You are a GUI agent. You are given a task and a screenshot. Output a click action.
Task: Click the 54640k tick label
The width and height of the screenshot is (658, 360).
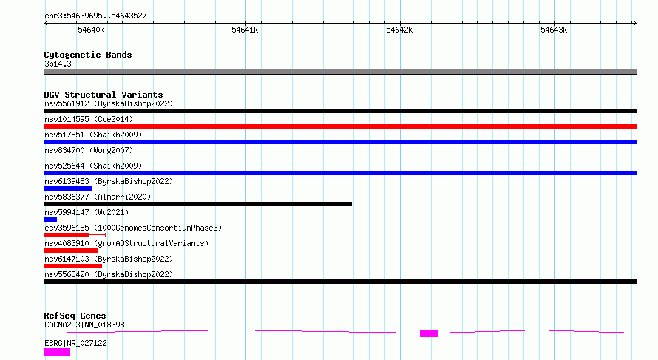[x=91, y=30]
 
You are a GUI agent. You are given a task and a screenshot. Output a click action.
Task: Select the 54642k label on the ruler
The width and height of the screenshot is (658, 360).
[x=399, y=30]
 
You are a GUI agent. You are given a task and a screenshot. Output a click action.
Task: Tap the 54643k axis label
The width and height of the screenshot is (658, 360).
[x=554, y=30]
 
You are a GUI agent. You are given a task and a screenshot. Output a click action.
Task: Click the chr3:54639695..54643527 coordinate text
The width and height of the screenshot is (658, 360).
[x=95, y=16]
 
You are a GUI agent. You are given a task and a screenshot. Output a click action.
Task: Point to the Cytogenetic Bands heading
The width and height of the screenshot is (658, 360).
[x=88, y=55]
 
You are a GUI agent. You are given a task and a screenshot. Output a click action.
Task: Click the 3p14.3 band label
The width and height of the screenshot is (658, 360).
[x=58, y=64]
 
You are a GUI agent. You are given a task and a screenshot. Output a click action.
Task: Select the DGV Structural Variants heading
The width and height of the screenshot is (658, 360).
[x=104, y=95]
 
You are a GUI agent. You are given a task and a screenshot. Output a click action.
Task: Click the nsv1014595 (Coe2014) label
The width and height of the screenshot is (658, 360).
[x=89, y=119]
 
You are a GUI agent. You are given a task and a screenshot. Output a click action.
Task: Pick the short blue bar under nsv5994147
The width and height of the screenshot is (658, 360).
[x=50, y=220]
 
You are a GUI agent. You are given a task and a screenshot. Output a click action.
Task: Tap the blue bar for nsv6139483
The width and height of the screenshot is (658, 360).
[x=68, y=189]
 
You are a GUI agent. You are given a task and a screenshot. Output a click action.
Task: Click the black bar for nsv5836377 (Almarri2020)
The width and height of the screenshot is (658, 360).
[x=197, y=204]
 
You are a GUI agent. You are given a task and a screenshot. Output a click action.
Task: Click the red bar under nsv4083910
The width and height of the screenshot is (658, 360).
[x=70, y=251]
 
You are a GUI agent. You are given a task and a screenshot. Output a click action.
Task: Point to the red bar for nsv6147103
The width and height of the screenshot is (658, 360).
[x=72, y=266]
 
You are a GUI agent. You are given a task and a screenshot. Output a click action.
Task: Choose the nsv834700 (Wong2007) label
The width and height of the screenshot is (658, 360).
[x=89, y=150]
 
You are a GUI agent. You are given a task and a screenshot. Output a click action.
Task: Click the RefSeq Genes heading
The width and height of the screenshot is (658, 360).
[x=75, y=316]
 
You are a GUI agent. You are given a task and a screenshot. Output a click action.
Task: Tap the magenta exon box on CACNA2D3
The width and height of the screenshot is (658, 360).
[x=430, y=333]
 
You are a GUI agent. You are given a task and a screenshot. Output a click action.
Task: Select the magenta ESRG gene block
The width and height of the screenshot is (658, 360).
[x=57, y=352]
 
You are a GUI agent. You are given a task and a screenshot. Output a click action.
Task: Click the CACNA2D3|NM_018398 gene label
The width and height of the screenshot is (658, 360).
[x=84, y=325]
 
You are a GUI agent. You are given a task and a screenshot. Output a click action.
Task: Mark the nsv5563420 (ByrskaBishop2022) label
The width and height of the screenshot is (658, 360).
[x=109, y=274]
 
